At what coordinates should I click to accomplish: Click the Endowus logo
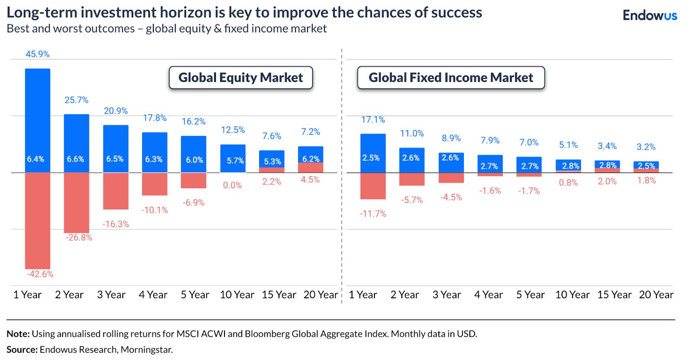650,16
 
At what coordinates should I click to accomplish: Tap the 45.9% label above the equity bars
38,54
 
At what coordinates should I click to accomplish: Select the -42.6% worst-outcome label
40,274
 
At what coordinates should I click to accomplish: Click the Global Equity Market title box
241,78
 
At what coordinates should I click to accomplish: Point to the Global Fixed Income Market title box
451,78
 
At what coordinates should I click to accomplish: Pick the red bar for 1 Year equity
38,220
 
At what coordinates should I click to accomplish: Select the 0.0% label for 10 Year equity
232,185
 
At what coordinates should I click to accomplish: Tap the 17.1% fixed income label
373,120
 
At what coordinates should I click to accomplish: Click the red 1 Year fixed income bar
373,186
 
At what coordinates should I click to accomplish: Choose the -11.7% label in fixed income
373,214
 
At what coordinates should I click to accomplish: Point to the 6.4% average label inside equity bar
35,159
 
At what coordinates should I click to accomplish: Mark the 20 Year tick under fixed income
656,295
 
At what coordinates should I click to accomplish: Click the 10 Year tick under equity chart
237,295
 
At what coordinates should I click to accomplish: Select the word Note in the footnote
18,334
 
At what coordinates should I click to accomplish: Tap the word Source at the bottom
22,350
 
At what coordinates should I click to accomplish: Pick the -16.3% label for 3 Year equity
116,224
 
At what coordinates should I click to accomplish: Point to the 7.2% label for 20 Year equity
311,132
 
